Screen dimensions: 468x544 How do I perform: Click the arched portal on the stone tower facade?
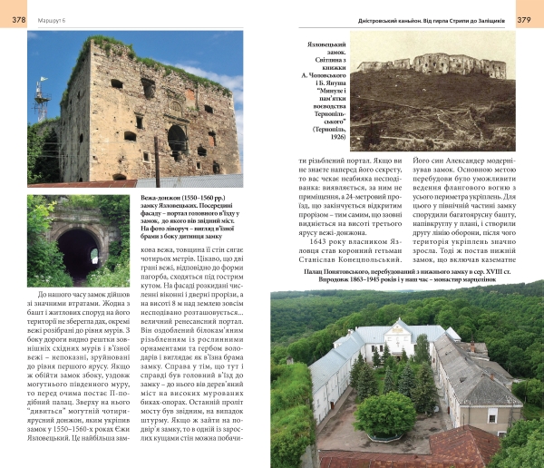click(177, 141)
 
